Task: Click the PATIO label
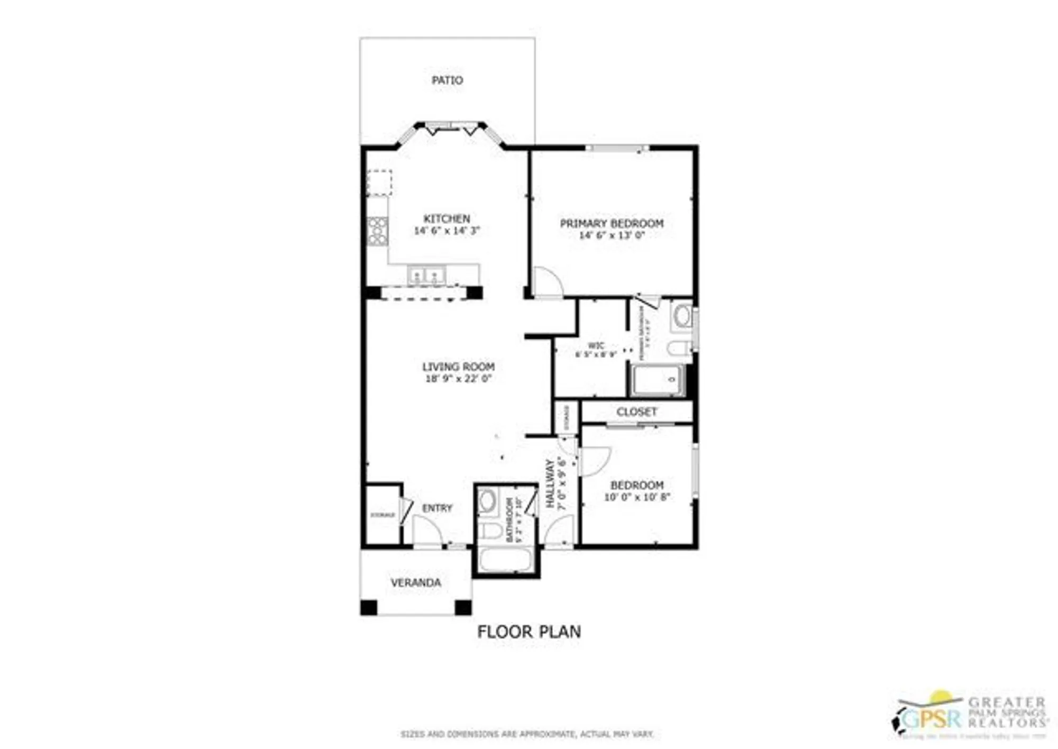pyautogui.click(x=447, y=80)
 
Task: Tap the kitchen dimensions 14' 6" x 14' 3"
pyautogui.click(x=446, y=231)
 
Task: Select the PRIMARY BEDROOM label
pyautogui.click(x=612, y=223)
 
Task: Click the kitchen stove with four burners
pyautogui.click(x=377, y=232)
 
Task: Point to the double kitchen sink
pyautogui.click(x=426, y=276)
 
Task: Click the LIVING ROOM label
pyautogui.click(x=458, y=367)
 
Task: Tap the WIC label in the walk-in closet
pyautogui.click(x=596, y=346)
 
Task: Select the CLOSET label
pyautogui.click(x=636, y=412)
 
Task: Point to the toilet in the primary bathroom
pyautogui.click(x=678, y=348)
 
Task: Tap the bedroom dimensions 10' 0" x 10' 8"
pyautogui.click(x=637, y=497)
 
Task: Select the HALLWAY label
pyautogui.click(x=550, y=483)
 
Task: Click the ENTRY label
pyautogui.click(x=437, y=508)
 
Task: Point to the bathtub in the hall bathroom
pyautogui.click(x=505, y=560)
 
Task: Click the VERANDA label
pyautogui.click(x=416, y=583)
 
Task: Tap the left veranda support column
pyautogui.click(x=369, y=607)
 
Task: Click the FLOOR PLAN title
pyautogui.click(x=528, y=632)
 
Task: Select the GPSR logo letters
pyautogui.click(x=931, y=718)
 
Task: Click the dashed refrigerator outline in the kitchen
pyautogui.click(x=379, y=182)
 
